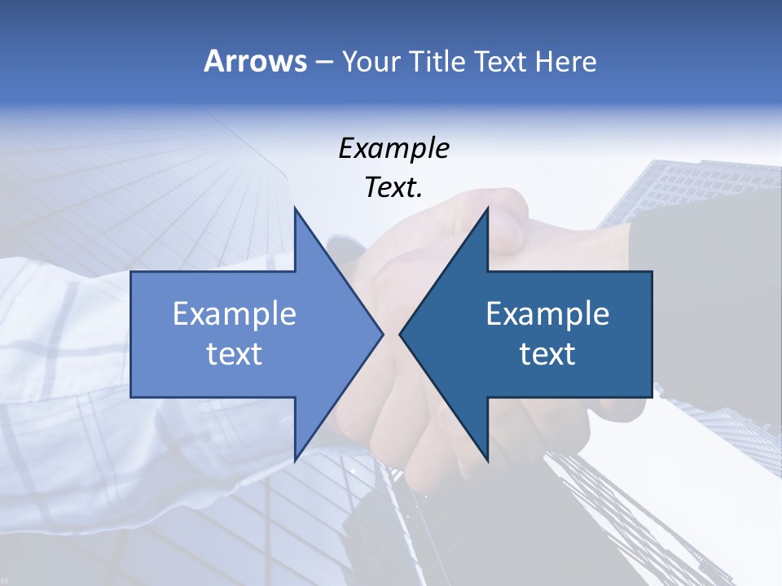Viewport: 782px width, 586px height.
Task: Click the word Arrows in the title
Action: point(254,61)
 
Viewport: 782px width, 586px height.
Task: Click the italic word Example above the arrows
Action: point(393,149)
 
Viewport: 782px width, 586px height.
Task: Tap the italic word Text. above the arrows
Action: point(393,188)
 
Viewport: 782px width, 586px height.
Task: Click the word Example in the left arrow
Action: point(235,314)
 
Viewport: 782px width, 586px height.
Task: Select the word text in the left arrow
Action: point(235,353)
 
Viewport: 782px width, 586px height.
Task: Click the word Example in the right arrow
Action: point(547,314)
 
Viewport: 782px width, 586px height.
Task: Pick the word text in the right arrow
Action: point(547,353)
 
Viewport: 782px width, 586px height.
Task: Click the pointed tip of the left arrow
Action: point(381,334)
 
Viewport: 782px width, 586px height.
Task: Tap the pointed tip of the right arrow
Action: point(402,334)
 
